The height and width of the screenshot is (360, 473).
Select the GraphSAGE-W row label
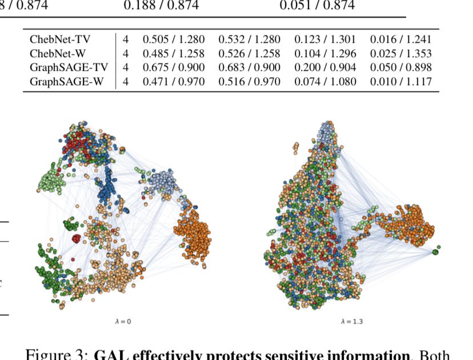point(66,82)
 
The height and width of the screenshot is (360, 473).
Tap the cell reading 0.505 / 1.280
point(174,40)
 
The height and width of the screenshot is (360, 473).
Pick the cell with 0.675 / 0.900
point(174,68)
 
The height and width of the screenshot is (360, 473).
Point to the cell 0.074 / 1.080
point(325,82)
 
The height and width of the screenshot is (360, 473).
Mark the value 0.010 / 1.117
point(400,82)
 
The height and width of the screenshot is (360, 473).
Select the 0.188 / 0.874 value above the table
point(161,6)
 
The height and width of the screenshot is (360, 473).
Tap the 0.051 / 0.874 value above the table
point(316,6)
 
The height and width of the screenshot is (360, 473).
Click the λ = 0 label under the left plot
point(123,322)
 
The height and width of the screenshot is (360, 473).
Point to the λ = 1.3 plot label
point(351,322)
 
